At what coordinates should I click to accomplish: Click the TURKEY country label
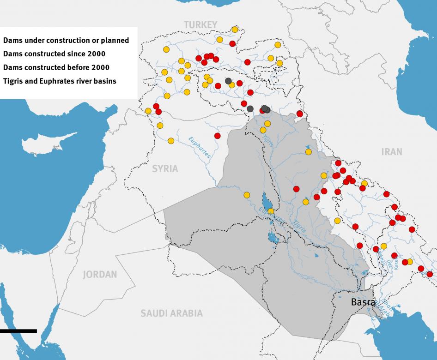point(200,24)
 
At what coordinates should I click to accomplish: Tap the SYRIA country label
point(165,168)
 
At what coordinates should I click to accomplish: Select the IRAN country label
point(392,151)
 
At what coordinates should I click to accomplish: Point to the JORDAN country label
point(100,275)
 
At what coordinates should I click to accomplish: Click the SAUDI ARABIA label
point(171,313)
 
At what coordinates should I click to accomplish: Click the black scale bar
point(18,330)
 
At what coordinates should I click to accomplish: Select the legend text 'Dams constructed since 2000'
point(54,54)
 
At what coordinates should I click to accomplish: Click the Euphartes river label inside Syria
point(200,147)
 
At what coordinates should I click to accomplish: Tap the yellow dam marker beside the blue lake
point(271,211)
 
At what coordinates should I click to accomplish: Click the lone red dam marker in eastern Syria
point(217,135)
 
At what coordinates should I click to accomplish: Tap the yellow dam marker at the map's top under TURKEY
point(235,30)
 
